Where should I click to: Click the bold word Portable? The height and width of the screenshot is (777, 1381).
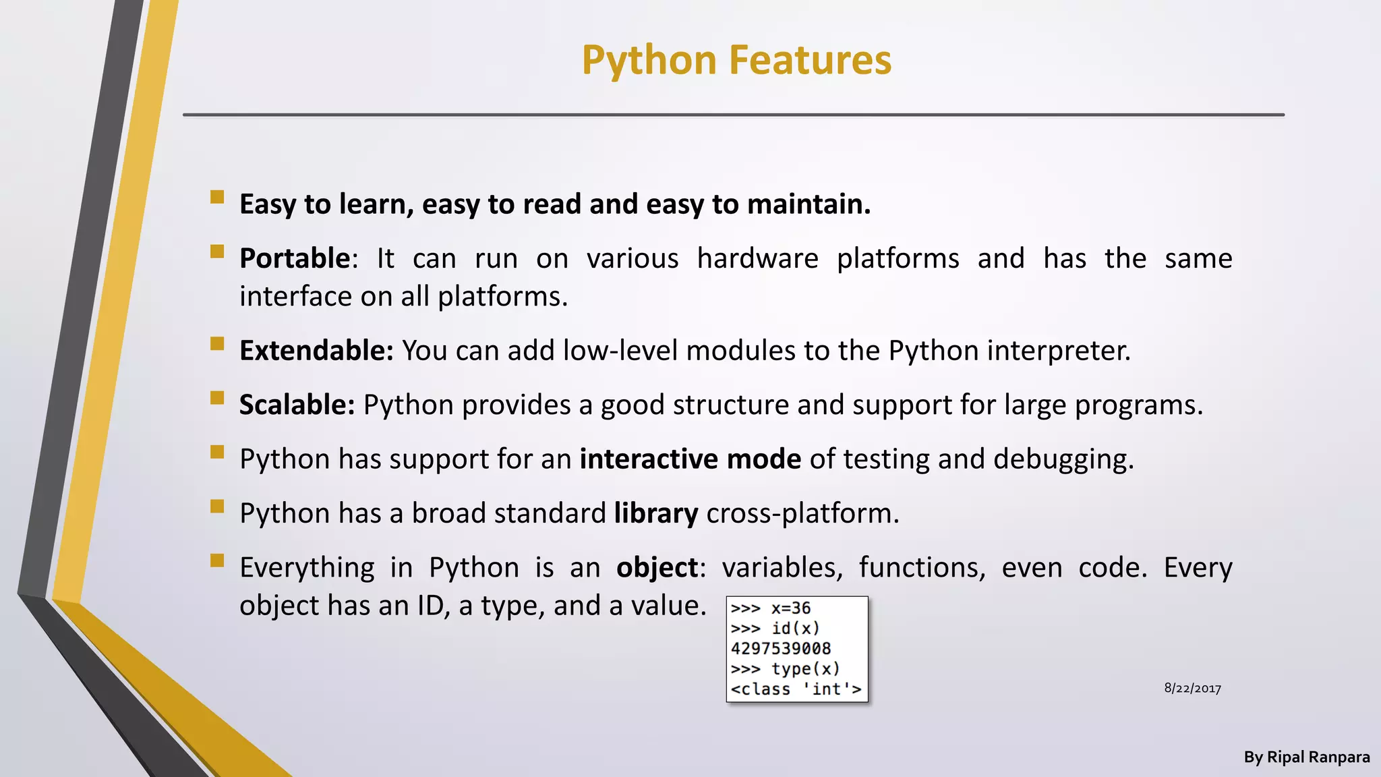point(295,258)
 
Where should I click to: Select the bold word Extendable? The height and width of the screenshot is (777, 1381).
point(316,351)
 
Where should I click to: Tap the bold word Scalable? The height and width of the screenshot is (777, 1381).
point(296,405)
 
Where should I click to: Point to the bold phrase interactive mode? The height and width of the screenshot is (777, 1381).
point(690,459)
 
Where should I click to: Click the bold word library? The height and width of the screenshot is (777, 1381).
point(655,513)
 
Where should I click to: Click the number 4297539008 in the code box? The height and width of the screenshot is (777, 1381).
point(781,649)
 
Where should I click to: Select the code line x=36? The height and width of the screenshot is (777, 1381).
point(790,608)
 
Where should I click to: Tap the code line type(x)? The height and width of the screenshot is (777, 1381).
point(805,669)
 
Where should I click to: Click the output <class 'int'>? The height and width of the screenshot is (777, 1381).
point(796,689)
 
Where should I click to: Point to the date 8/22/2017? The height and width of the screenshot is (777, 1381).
point(1192,689)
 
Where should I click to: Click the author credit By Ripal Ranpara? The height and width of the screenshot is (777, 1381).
point(1306,757)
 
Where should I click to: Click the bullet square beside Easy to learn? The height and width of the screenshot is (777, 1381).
point(217,197)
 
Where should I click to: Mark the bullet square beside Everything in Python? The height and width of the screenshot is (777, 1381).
point(217,560)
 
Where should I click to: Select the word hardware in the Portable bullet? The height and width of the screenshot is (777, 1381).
point(757,258)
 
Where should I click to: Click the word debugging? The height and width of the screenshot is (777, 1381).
point(1063,459)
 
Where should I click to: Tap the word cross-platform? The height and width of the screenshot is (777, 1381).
point(802,513)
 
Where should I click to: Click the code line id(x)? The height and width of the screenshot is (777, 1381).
point(795,629)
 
